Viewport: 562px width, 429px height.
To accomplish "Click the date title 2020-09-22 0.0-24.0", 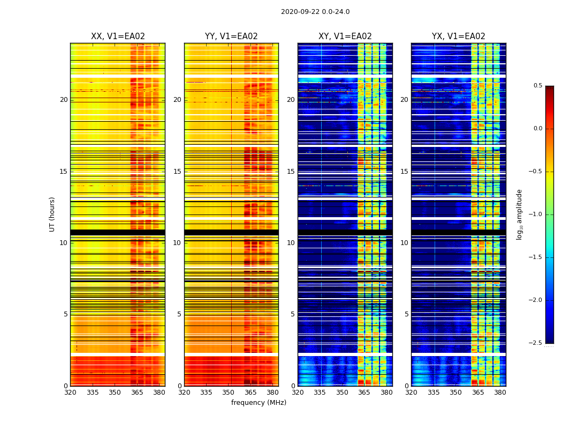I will pos(315,12).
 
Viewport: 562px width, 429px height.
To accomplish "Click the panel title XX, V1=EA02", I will pos(118,36).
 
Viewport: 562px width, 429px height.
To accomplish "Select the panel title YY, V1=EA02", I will pos(231,36).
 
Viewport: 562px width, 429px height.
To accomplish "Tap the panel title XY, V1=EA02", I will pos(345,36).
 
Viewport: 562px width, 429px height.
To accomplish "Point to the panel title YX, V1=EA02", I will pos(459,36).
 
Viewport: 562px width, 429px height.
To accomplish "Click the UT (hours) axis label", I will pos(52,214).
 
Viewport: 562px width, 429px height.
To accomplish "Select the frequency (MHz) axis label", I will pos(259,403).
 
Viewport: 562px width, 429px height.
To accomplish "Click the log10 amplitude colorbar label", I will pos(519,214).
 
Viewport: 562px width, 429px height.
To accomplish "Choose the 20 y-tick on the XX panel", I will pos(64,100).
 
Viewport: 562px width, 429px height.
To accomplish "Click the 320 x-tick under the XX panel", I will pos(70,393).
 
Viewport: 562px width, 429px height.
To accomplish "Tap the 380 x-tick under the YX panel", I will pos(500,393).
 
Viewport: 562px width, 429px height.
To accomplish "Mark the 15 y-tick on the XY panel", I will pos(291,172).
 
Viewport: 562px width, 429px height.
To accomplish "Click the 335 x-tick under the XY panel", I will pos(320,393).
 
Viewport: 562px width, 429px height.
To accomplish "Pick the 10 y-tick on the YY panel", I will pos(177,243).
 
